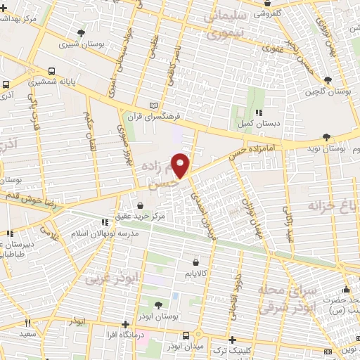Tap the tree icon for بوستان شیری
[82, 33]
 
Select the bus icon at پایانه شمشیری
[53, 72]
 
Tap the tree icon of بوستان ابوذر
[157, 305]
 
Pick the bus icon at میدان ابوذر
[185, 335]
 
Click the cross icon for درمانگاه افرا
[125, 325]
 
